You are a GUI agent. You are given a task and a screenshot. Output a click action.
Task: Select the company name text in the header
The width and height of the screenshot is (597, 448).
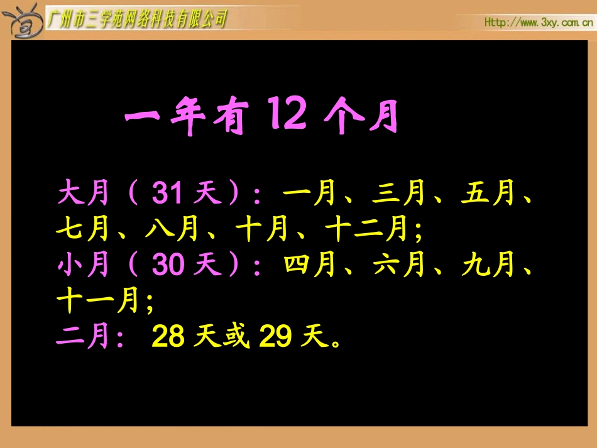pyautogui.click(x=137, y=19)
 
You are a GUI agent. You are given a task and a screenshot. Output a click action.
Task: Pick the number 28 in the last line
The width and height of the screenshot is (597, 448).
pyautogui.click(x=168, y=337)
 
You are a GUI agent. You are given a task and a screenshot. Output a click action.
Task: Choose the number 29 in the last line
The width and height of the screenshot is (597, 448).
pyautogui.click(x=275, y=337)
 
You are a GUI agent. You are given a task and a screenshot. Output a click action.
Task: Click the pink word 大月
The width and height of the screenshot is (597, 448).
pyautogui.click(x=83, y=195)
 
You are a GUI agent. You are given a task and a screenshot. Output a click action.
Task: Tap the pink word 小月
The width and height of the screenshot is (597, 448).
pyautogui.click(x=83, y=266)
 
